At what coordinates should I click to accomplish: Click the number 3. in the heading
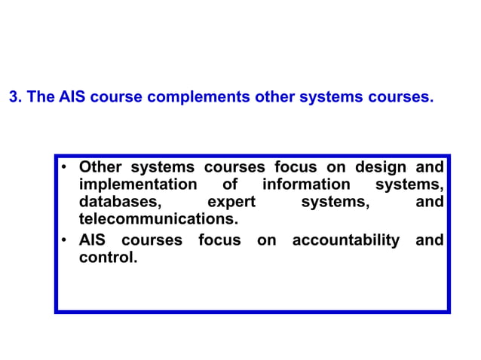point(14,99)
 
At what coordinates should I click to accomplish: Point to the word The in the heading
point(41,99)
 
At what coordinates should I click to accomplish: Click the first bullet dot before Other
point(65,167)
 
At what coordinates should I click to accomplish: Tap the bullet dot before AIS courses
point(65,241)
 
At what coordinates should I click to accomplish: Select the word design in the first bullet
point(381,167)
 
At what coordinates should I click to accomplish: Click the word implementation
point(138,185)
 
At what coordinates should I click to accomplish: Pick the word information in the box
point(306,185)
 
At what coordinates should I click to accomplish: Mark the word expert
point(231,203)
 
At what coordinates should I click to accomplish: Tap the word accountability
point(346,241)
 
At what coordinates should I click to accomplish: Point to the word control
point(108,258)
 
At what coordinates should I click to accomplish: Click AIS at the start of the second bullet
point(94,241)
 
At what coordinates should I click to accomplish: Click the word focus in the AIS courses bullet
point(219,241)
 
